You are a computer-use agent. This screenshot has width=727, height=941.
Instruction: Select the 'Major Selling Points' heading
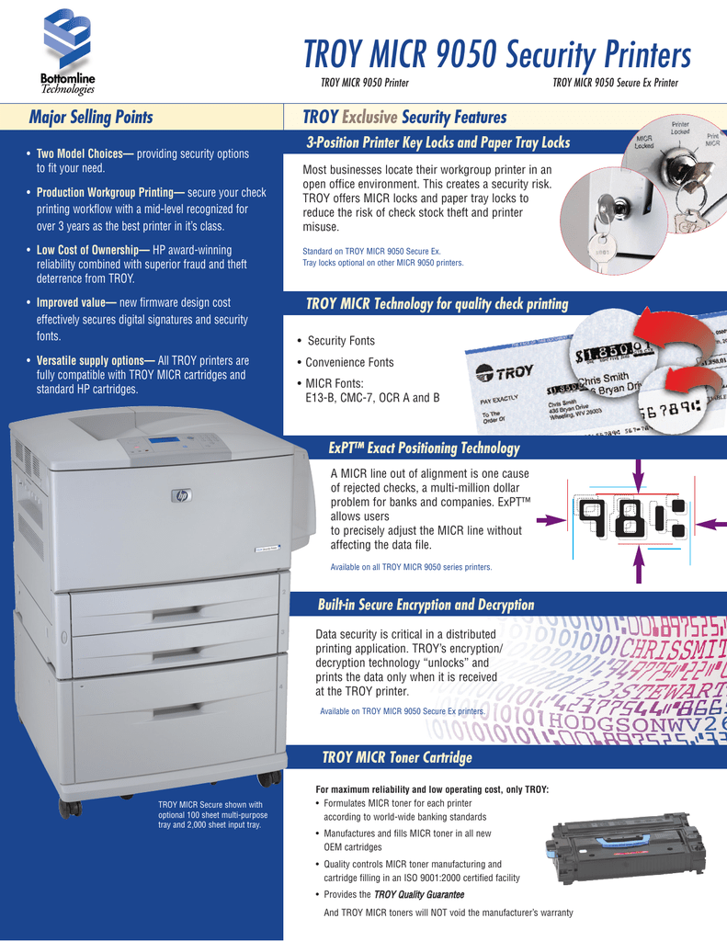point(91,117)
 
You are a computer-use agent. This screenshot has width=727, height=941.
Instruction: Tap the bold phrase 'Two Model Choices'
point(81,153)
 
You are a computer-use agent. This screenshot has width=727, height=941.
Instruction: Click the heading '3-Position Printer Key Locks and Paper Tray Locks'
point(437,142)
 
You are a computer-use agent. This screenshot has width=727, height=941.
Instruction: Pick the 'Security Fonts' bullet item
point(340,341)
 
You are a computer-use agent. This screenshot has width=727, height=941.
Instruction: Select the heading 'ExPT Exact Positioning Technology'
point(424,448)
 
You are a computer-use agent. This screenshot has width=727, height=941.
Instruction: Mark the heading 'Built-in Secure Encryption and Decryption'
point(425,605)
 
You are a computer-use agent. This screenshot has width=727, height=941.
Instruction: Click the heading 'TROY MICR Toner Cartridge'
point(396,757)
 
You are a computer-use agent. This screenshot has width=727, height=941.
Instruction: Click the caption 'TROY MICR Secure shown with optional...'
point(210,814)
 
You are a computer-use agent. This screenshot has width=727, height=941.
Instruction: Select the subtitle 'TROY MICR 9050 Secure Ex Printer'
point(615,84)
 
